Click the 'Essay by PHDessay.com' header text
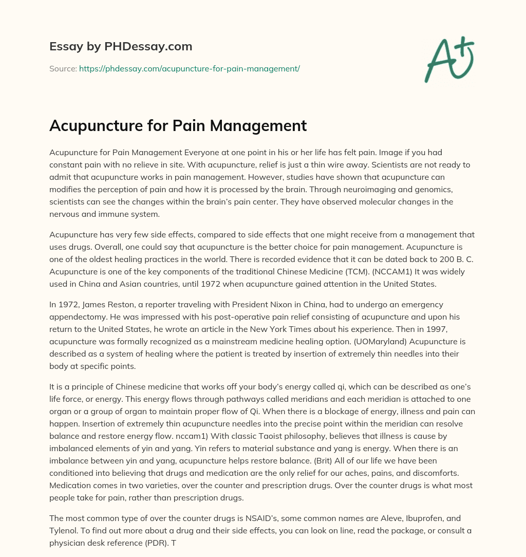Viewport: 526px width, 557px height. [121, 47]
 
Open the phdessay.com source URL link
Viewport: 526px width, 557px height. [189, 68]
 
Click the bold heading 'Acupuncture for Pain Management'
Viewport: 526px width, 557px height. [178, 125]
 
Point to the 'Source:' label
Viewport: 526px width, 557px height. [63, 68]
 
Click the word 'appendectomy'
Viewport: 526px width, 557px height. [75, 317]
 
